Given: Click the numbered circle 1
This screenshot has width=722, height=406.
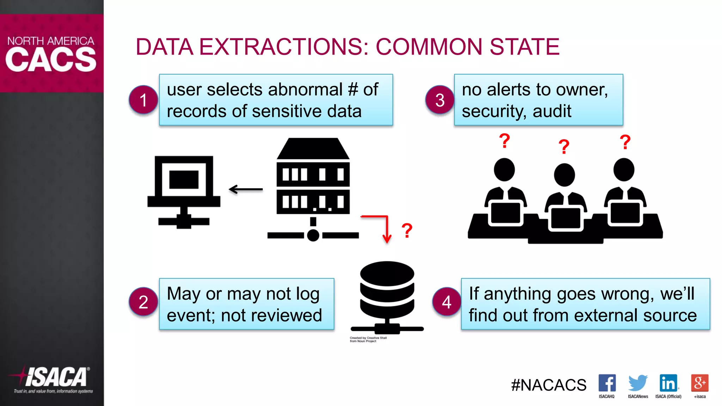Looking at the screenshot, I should [143, 100].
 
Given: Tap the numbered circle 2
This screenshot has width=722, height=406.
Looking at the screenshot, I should [143, 302].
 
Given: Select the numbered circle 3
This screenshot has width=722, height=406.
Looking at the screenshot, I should [440, 100].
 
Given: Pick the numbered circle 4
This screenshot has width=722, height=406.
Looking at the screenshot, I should [447, 302].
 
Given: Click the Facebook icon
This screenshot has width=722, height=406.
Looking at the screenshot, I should [607, 383].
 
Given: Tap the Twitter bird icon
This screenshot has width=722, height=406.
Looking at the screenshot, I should [638, 383].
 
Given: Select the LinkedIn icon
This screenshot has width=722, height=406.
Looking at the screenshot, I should [668, 383].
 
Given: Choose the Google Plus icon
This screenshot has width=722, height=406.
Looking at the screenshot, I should [700, 383].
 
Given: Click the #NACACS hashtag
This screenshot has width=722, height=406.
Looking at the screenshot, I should [549, 385].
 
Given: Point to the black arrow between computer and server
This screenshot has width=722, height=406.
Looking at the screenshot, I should [246, 189].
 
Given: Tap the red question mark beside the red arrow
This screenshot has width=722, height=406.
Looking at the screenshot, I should [407, 231].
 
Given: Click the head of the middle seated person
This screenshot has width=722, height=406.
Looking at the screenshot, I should [564, 175].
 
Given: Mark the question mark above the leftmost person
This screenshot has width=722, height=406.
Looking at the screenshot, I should [504, 141].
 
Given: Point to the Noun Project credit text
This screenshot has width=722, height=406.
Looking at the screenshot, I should [368, 339].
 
